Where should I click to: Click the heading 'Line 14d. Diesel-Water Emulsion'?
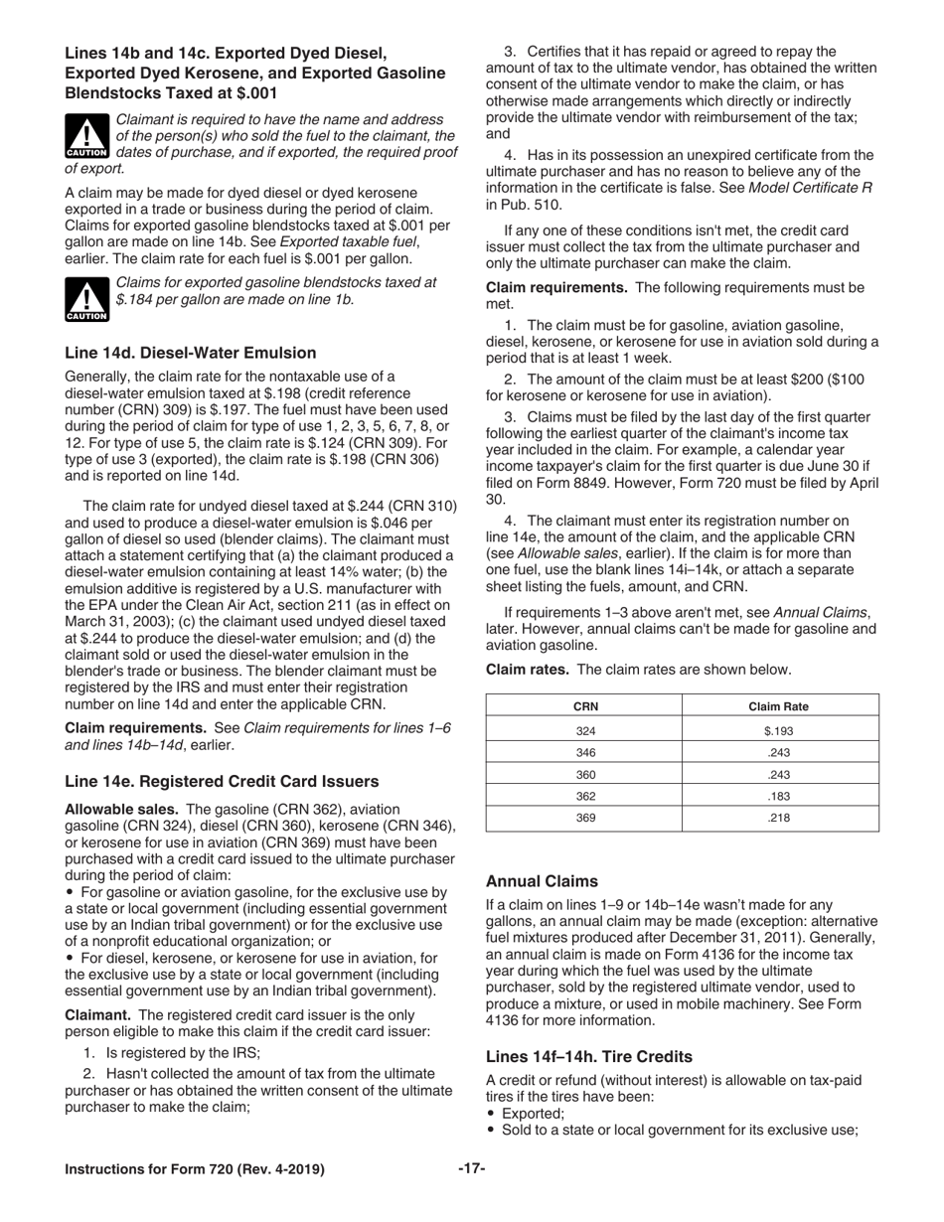pyautogui.click(x=190, y=353)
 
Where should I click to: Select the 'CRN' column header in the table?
pyautogui.click(x=585, y=706)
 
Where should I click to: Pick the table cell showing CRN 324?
pyautogui.click(x=585, y=730)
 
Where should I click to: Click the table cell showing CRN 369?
pyautogui.click(x=585, y=818)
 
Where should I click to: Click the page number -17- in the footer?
pyautogui.click(x=471, y=1169)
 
